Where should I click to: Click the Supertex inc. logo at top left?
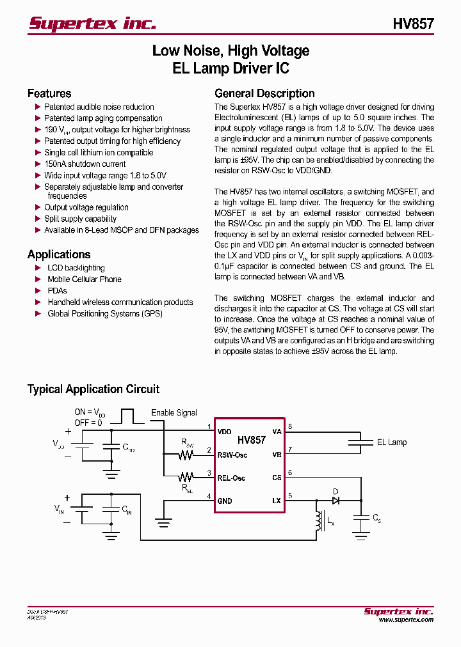tap(92, 23)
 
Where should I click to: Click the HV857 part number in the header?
tap(413, 24)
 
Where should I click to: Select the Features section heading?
tap(49, 93)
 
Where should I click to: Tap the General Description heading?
tap(264, 93)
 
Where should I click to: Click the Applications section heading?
tap(59, 254)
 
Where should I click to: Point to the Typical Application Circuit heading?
tap(93, 389)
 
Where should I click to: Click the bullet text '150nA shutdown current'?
tap(85, 164)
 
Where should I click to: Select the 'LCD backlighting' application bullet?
tap(76, 268)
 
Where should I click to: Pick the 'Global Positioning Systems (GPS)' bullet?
tap(105, 314)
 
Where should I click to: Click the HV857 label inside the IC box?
tap(251, 440)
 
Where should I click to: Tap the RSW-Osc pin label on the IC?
tap(232, 455)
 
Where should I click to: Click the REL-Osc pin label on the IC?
tap(231, 478)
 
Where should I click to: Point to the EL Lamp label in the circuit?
tap(391, 442)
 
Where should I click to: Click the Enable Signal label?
tap(174, 413)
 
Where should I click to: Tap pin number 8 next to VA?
tap(290, 426)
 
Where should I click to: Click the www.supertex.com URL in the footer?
tap(405, 620)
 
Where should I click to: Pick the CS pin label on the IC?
tap(277, 478)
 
